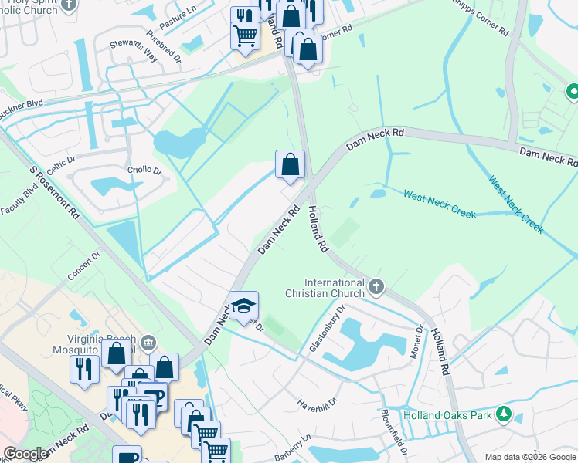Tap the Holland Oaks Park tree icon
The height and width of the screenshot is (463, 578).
click(504, 414)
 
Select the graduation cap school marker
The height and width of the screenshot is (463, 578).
click(244, 306)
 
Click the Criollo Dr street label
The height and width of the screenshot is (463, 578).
click(144, 170)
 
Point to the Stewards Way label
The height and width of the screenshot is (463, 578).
click(133, 52)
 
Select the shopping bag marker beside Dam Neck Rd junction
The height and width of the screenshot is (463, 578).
click(291, 164)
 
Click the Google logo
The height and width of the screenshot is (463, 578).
click(25, 454)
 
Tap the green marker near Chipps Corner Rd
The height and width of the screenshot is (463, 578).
click(573, 92)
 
